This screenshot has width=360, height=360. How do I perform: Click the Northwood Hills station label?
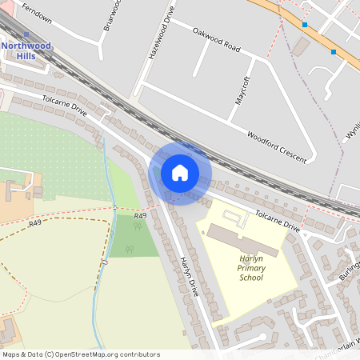point(26,50)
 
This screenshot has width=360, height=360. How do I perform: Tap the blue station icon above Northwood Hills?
point(26,34)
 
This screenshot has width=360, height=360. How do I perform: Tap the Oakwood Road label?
point(216,38)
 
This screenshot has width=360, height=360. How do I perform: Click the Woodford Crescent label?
point(276,147)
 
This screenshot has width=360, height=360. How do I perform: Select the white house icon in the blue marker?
point(180,173)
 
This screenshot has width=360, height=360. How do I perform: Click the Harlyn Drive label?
point(189,277)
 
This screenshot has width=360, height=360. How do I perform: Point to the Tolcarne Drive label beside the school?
point(277,222)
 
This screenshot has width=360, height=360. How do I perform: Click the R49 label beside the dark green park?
point(141,216)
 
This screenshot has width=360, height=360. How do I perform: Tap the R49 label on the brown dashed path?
point(34,224)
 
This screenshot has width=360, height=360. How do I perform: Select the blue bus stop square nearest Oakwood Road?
point(305,25)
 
